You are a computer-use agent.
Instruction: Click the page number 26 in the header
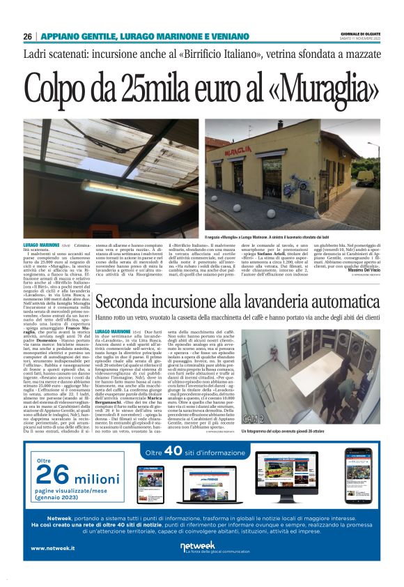tap(27, 36)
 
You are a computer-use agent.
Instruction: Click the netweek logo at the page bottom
tap(202, 545)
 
